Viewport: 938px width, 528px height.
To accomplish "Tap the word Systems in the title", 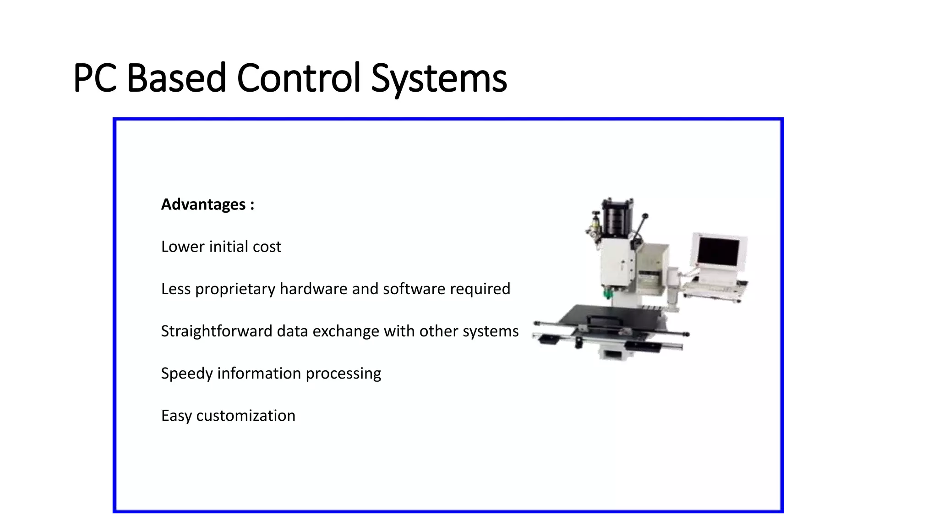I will (x=439, y=79).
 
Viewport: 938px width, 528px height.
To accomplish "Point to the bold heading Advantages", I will (x=203, y=204).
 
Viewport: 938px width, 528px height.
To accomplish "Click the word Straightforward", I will (x=217, y=331).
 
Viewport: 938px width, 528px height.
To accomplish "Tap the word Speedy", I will (x=187, y=374).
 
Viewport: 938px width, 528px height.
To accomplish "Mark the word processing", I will (x=343, y=374).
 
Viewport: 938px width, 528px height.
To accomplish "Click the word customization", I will (x=245, y=416).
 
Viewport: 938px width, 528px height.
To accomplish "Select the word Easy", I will (x=176, y=416).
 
